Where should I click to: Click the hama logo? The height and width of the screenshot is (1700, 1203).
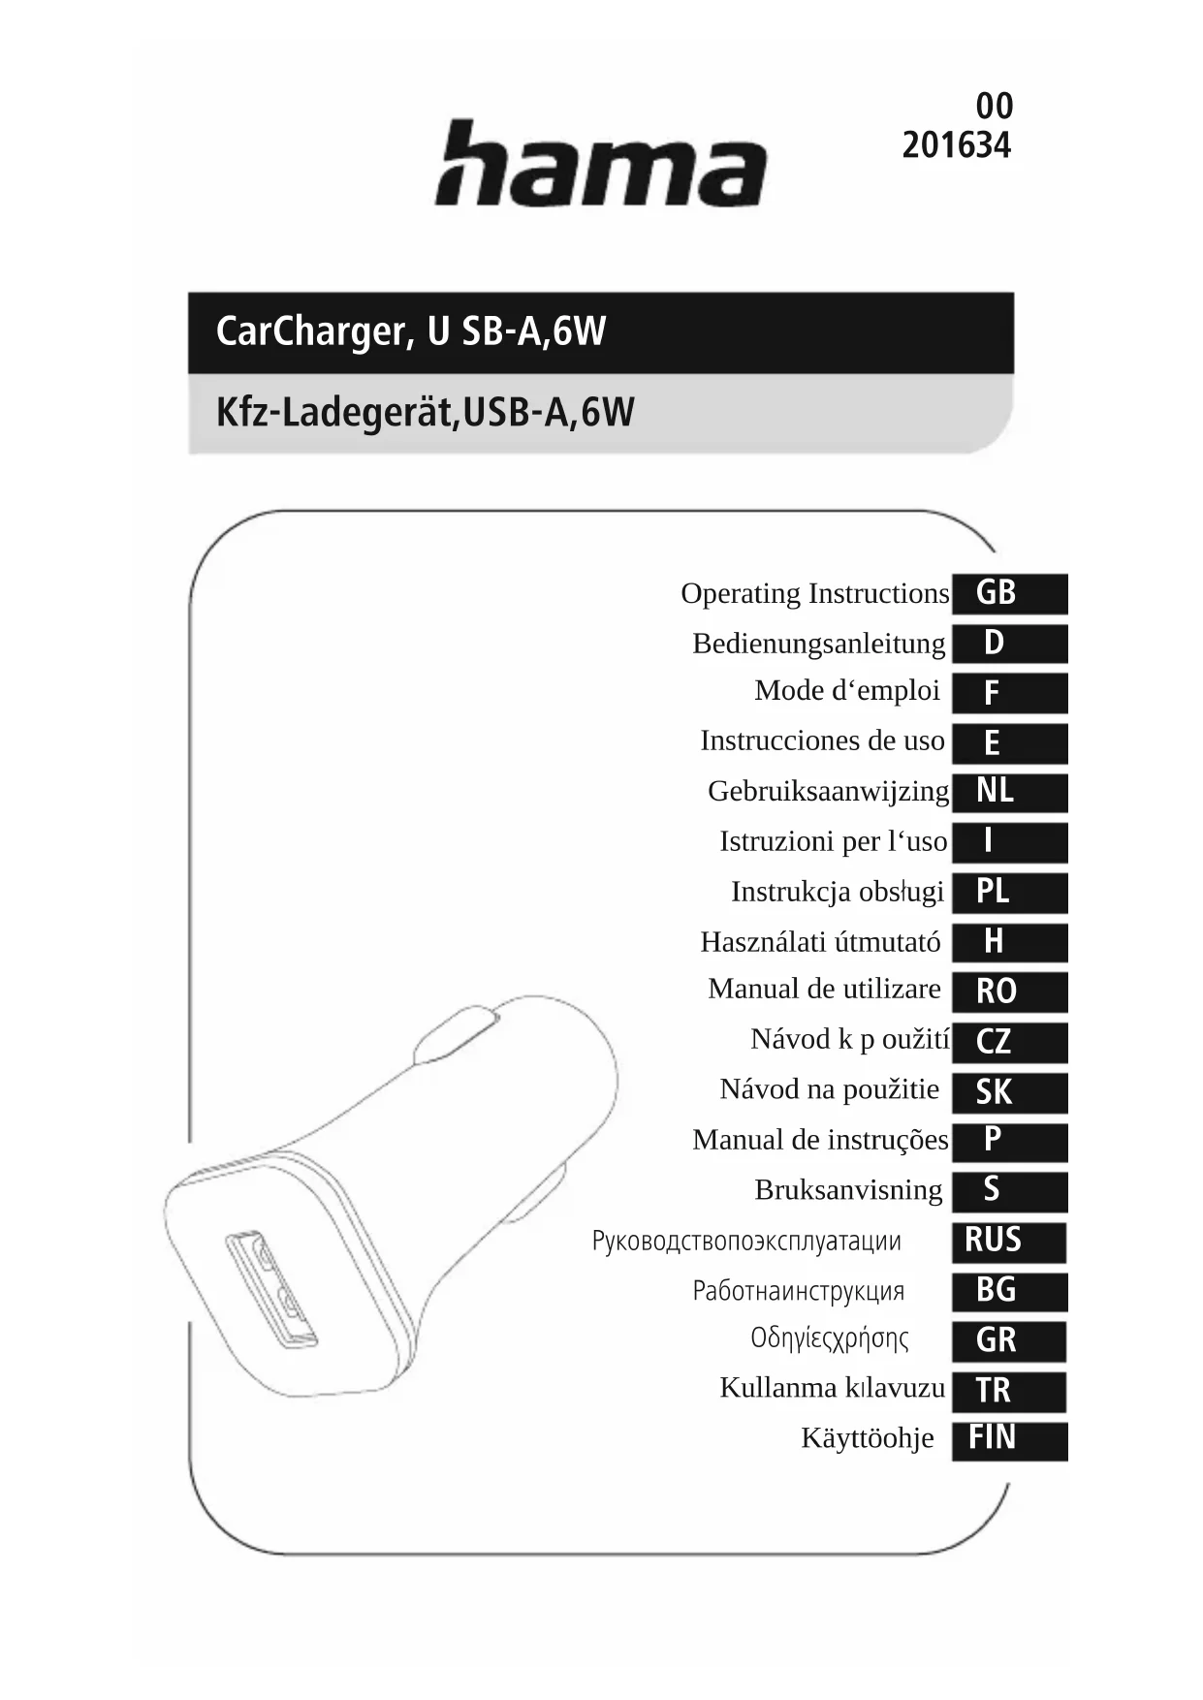click(x=600, y=165)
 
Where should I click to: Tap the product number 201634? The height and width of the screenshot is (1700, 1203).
click(x=956, y=145)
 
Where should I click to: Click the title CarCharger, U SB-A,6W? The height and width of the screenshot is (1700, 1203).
click(x=410, y=331)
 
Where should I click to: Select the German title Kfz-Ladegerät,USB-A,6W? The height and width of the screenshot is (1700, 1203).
click(x=425, y=413)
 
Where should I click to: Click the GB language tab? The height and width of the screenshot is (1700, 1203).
click(x=1008, y=593)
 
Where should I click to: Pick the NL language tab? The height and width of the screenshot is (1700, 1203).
click(x=1008, y=792)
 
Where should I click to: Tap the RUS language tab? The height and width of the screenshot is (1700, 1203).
click(x=1008, y=1241)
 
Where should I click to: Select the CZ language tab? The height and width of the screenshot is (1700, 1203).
click(x=1008, y=1042)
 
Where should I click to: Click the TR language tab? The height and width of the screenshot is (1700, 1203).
click(x=1008, y=1391)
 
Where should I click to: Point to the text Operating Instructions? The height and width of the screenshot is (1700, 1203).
click(x=814, y=593)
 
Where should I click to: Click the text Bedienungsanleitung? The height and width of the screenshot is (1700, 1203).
click(x=818, y=644)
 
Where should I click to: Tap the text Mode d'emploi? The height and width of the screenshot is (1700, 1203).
click(x=846, y=691)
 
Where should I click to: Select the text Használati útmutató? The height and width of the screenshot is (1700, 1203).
click(x=820, y=942)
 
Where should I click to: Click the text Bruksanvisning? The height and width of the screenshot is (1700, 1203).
click(x=848, y=1190)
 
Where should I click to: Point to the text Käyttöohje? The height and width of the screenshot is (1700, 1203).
click(x=867, y=1438)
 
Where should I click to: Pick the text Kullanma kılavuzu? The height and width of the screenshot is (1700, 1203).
click(x=832, y=1388)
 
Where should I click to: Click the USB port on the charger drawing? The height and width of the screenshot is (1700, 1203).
click(x=270, y=1289)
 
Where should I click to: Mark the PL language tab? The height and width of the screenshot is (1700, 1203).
click(x=1008, y=892)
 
